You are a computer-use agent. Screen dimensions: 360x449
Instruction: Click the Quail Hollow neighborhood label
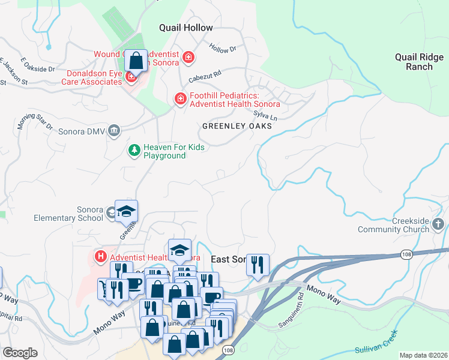pos(185,28)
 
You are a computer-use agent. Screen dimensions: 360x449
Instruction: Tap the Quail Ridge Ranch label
pos(418,62)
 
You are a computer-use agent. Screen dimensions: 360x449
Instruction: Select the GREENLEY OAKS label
pos(237,127)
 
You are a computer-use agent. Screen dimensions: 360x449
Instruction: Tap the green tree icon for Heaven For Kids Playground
pos(134,151)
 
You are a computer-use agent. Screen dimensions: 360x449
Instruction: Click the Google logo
pos(20,353)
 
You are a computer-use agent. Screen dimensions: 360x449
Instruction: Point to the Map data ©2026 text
pos(423,355)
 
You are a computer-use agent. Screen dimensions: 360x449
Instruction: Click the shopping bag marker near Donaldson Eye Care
pos(136,61)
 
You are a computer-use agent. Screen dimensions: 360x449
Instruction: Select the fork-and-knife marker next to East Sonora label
pos(258,265)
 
